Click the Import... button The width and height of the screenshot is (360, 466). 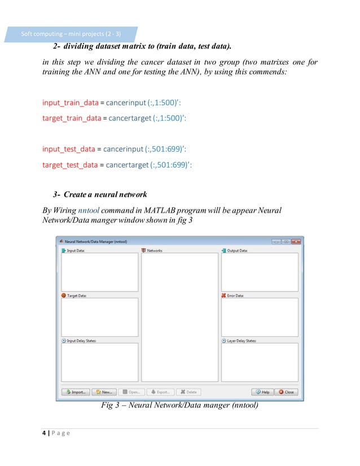click(x=76, y=392)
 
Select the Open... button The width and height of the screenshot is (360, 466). click(x=131, y=392)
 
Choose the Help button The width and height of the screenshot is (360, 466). click(x=262, y=392)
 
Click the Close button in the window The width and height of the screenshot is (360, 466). click(x=287, y=392)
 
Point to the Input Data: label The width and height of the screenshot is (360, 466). click(x=76, y=250)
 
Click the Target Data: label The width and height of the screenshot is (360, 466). click(x=76, y=295)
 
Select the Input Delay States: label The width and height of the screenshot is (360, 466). click(x=82, y=341)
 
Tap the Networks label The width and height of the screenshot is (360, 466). click(x=153, y=250)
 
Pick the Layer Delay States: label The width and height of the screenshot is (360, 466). click(x=243, y=341)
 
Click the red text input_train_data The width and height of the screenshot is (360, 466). click(x=70, y=103)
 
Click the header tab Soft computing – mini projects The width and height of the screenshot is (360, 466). click(x=71, y=34)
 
